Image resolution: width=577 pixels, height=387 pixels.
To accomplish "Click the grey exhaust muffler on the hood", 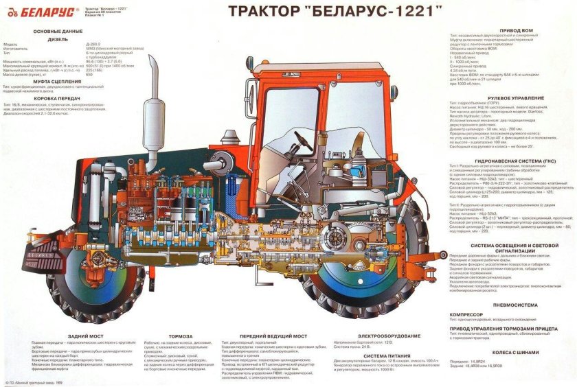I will click(150, 124).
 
